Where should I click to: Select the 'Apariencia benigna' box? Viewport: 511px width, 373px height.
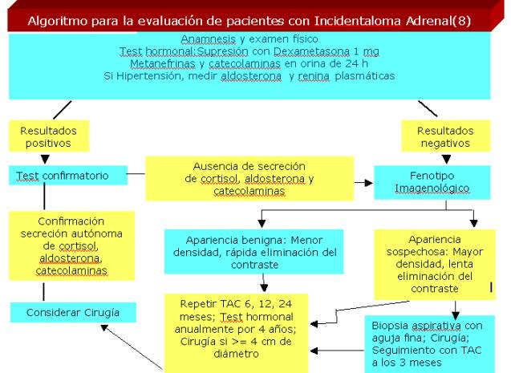click(x=253, y=250)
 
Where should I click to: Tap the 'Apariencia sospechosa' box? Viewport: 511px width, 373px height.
click(x=434, y=264)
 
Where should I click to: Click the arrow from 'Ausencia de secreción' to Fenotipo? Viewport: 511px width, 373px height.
click(x=365, y=183)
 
